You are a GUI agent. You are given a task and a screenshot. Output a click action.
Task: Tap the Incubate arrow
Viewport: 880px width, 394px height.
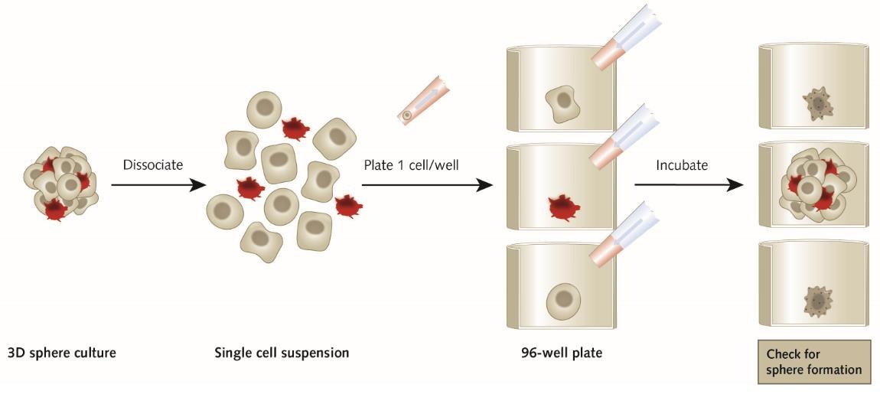689,184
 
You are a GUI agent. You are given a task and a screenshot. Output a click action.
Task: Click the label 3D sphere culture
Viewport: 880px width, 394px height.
62,353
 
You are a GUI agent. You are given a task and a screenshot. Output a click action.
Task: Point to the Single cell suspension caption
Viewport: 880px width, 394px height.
282,353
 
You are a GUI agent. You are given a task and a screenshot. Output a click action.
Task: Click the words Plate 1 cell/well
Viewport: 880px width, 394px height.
411,164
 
